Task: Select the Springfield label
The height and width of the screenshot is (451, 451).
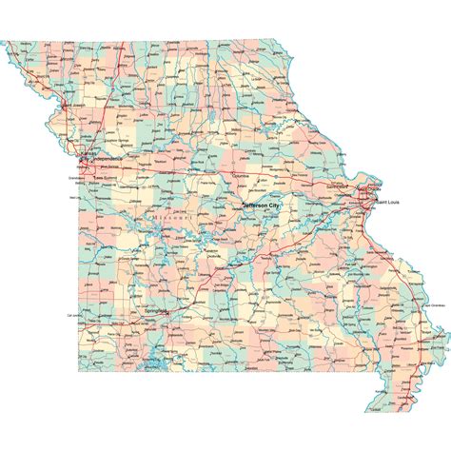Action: (155, 310)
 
